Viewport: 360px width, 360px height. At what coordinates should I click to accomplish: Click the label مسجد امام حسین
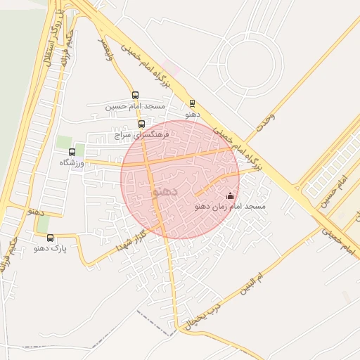[x=136, y=107]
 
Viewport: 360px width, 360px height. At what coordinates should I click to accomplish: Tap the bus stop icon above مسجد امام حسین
[x=135, y=95]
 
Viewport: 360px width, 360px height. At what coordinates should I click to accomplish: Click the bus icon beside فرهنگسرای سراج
[x=142, y=124]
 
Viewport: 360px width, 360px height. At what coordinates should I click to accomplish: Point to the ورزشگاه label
[x=72, y=162]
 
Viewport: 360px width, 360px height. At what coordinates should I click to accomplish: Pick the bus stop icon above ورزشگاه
[x=72, y=152]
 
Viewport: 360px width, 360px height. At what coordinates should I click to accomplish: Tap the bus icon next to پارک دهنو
[x=50, y=237]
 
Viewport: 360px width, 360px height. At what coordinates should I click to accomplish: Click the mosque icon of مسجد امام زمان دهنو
[x=230, y=196]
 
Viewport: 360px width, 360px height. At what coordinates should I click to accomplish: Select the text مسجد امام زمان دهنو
[x=230, y=207]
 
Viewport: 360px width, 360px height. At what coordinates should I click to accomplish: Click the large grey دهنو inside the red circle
[x=165, y=190]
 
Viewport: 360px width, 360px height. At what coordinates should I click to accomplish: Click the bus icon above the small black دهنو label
[x=192, y=103]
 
